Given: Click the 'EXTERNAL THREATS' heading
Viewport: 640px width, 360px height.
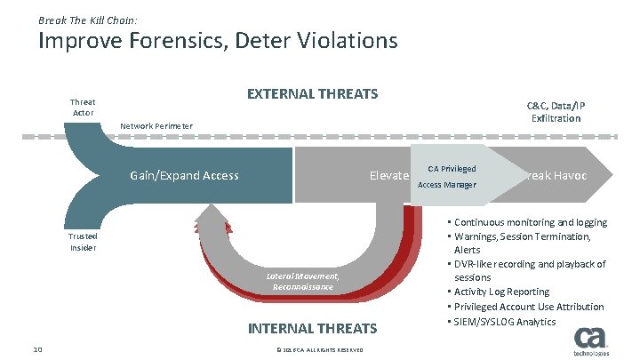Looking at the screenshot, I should click(x=312, y=93).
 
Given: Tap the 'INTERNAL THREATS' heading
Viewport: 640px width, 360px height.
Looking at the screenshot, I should click(x=312, y=328).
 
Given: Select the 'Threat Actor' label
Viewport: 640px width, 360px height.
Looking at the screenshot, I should click(x=83, y=108).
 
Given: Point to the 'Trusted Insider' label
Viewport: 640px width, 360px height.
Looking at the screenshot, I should click(x=84, y=242).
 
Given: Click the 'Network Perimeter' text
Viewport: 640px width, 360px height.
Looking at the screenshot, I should click(x=156, y=125).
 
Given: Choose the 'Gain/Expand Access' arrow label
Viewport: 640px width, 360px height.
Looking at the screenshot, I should click(x=184, y=175).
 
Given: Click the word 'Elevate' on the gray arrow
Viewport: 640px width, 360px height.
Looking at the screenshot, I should click(x=388, y=176).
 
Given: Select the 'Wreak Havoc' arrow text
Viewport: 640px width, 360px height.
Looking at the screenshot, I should click(x=556, y=175).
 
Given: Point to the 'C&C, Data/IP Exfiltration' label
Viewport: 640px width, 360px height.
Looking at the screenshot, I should click(x=556, y=111).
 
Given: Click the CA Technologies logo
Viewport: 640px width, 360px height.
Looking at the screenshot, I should click(x=591, y=341).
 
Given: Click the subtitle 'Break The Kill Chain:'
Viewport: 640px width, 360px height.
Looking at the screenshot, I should click(x=87, y=19).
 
